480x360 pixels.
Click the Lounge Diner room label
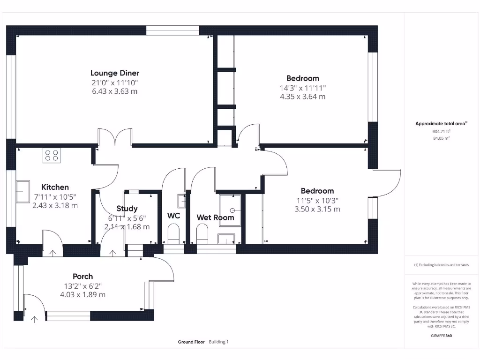pyautogui.click(x=115, y=73)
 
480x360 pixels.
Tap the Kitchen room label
pyautogui.click(x=55, y=187)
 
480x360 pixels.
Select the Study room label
pyautogui.click(x=127, y=209)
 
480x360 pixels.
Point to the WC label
pyautogui.click(x=174, y=216)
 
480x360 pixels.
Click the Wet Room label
pyautogui.click(x=215, y=217)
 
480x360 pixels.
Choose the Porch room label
pyautogui.click(x=82, y=276)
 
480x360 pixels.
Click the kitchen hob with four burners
pyautogui.click(x=52, y=155)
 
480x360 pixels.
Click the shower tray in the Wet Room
pyautogui.click(x=230, y=210)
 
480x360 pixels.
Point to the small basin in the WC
pyautogui.click(x=181, y=201)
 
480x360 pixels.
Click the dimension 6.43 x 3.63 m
pyautogui.click(x=115, y=91)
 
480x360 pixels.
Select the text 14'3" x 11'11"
pyautogui.click(x=303, y=88)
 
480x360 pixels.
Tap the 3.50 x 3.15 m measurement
pyautogui.click(x=317, y=209)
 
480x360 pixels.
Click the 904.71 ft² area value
pyautogui.click(x=441, y=132)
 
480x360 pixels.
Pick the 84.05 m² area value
pyautogui.click(x=441, y=139)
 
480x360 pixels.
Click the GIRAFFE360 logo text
pyautogui.click(x=441, y=336)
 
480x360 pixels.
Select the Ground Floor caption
pyautogui.click(x=191, y=342)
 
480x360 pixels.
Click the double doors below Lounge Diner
pyautogui.click(x=115, y=139)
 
